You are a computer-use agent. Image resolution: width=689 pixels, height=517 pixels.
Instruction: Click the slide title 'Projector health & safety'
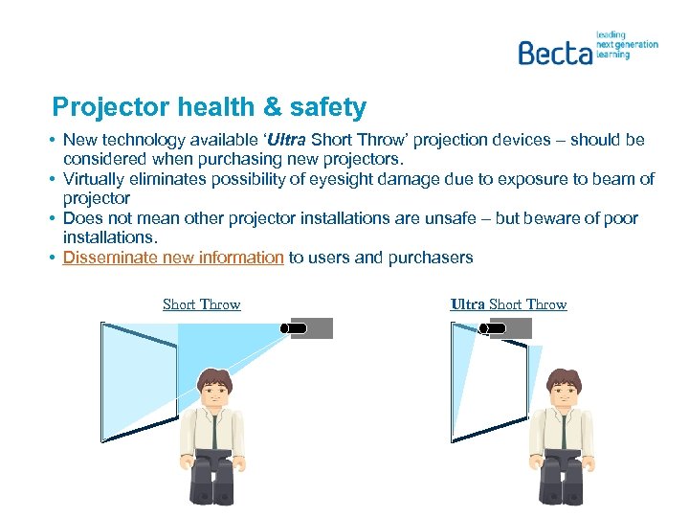(x=209, y=106)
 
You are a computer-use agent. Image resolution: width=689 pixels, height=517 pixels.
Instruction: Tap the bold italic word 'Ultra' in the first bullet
(x=289, y=140)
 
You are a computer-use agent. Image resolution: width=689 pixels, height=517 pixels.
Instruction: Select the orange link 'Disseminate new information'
(x=173, y=258)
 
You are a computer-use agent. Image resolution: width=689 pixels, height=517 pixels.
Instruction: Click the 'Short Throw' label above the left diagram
(x=201, y=304)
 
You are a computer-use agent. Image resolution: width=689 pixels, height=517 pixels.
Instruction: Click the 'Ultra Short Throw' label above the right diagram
(x=508, y=304)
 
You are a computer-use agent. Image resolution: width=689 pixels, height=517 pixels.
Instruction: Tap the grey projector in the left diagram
(x=312, y=328)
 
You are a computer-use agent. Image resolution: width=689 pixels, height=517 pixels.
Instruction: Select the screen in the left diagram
(x=139, y=380)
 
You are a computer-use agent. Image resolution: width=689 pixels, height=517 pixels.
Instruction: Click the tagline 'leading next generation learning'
(x=626, y=44)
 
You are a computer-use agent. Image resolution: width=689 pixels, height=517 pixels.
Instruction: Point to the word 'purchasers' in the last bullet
(x=430, y=258)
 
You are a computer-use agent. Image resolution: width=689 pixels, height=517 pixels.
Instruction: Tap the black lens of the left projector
(x=296, y=328)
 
